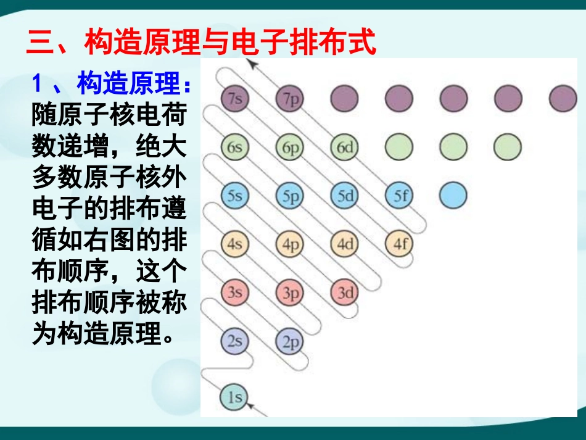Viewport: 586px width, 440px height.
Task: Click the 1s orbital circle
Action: pyautogui.click(x=234, y=397)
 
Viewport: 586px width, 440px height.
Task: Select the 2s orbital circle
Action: pyautogui.click(x=234, y=341)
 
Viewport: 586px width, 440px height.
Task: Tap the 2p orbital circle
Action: pyautogui.click(x=290, y=341)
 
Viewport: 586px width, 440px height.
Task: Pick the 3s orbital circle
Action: pyautogui.click(x=234, y=292)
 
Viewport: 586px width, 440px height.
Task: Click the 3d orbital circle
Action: pyautogui.click(x=345, y=293)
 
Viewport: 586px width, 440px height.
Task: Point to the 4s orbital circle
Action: pyautogui.click(x=234, y=244)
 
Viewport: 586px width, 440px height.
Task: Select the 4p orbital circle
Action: pyautogui.click(x=290, y=244)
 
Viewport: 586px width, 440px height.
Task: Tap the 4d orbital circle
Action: pyautogui.click(x=345, y=244)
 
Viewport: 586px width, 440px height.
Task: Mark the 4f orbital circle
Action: pyautogui.click(x=400, y=244)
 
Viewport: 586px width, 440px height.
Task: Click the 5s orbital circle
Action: pyautogui.click(x=234, y=196)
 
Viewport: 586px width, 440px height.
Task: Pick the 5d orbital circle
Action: pyautogui.click(x=345, y=196)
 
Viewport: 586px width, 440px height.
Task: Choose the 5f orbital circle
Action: pyautogui.click(x=400, y=196)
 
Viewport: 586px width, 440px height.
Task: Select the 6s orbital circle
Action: pyautogui.click(x=234, y=147)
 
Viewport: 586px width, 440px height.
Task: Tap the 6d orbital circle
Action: pyautogui.click(x=345, y=147)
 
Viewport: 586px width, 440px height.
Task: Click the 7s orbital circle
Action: pyautogui.click(x=234, y=98)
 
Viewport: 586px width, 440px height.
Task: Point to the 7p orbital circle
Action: pyautogui.click(x=290, y=98)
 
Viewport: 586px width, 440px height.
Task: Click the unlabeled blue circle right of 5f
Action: pyautogui.click(x=453, y=196)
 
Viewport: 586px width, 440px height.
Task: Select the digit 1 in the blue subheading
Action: pyautogui.click(x=39, y=83)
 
